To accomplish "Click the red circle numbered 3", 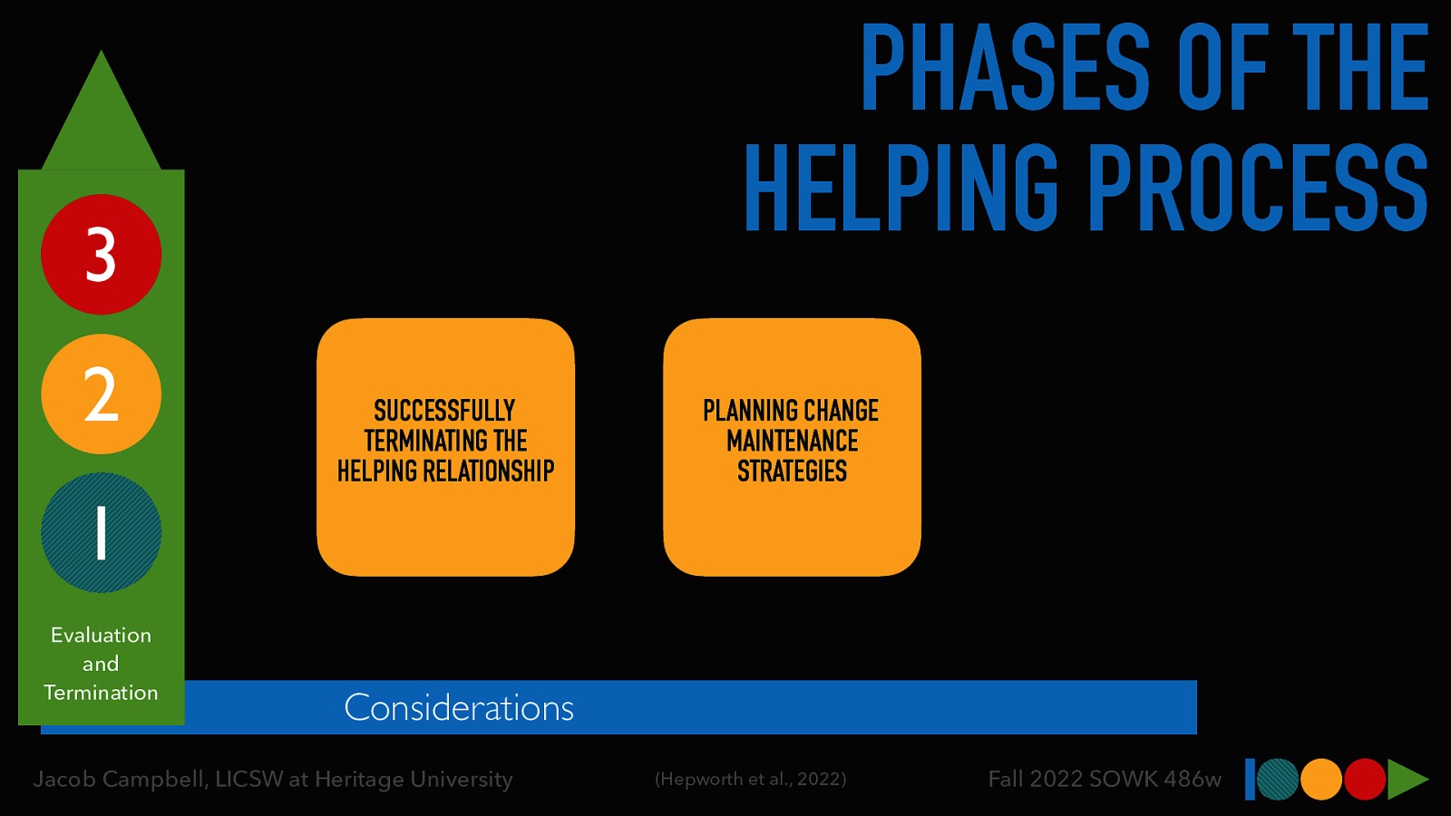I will coord(101,254).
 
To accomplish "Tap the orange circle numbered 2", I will coord(101,393).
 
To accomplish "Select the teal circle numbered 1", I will coord(101,532).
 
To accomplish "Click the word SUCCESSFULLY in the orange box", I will coord(444,411).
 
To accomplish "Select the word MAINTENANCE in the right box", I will coord(792,441).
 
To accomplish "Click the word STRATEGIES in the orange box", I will coord(792,471).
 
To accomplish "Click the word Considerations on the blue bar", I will coord(459,707).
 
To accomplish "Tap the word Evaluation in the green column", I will coord(101,635).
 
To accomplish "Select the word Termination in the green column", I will coord(101,693).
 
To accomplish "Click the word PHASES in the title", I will coord(1005,69).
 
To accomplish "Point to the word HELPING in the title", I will coord(901,188).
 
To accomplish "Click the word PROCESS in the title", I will coord(1258,188).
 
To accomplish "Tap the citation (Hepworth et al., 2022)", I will coord(750,779).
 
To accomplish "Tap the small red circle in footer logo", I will coord(1365,779).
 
